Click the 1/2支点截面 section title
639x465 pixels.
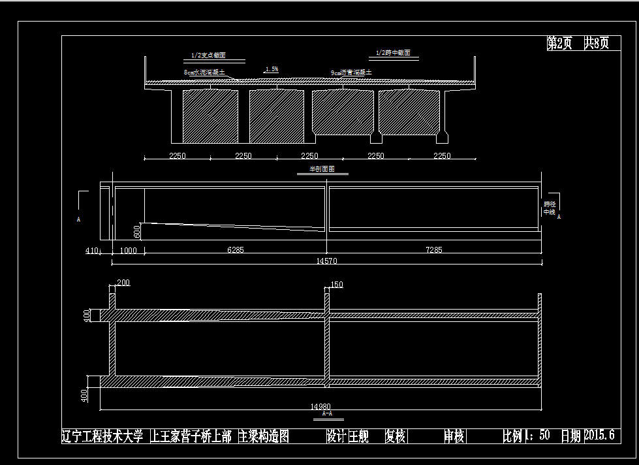(208, 56)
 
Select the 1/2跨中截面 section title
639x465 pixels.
(393, 53)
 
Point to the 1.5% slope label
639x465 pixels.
(272, 69)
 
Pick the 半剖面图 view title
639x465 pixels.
(321, 169)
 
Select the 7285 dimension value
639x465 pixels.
(433, 250)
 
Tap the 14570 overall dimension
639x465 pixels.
(326, 261)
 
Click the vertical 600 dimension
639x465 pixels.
(137, 231)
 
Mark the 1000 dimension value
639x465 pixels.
(128, 250)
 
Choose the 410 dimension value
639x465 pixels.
(91, 250)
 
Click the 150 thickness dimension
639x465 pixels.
(337, 285)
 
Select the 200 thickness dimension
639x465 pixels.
(123, 282)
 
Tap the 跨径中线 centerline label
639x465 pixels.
(549, 208)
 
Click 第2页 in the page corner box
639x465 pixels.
(559, 44)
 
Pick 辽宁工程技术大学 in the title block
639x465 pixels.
(102, 436)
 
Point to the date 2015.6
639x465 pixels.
(599, 436)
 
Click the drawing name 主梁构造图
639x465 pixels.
(264, 436)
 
